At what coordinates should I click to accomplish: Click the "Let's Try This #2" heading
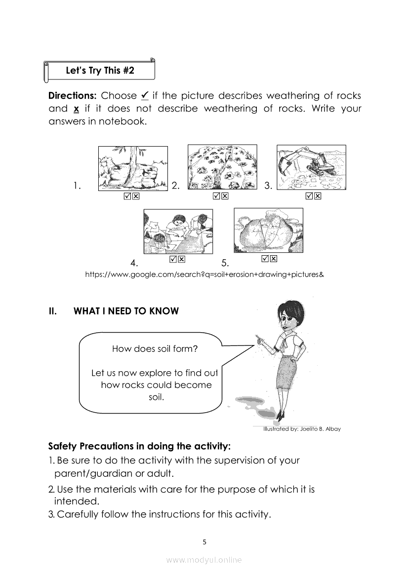click(100, 71)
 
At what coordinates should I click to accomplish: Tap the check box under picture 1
click(127, 196)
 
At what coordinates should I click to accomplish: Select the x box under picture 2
click(225, 196)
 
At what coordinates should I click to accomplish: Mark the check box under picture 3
click(309, 196)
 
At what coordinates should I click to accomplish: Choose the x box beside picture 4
click(182, 259)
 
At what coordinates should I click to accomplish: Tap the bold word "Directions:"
click(72, 96)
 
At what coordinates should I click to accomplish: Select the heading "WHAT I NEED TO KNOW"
click(126, 311)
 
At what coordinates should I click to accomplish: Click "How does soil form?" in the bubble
click(155, 349)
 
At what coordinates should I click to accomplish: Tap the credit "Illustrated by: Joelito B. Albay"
click(302, 429)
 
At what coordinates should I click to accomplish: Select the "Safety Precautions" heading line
click(139, 447)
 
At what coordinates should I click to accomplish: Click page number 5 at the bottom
click(204, 541)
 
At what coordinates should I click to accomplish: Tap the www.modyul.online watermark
click(204, 560)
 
